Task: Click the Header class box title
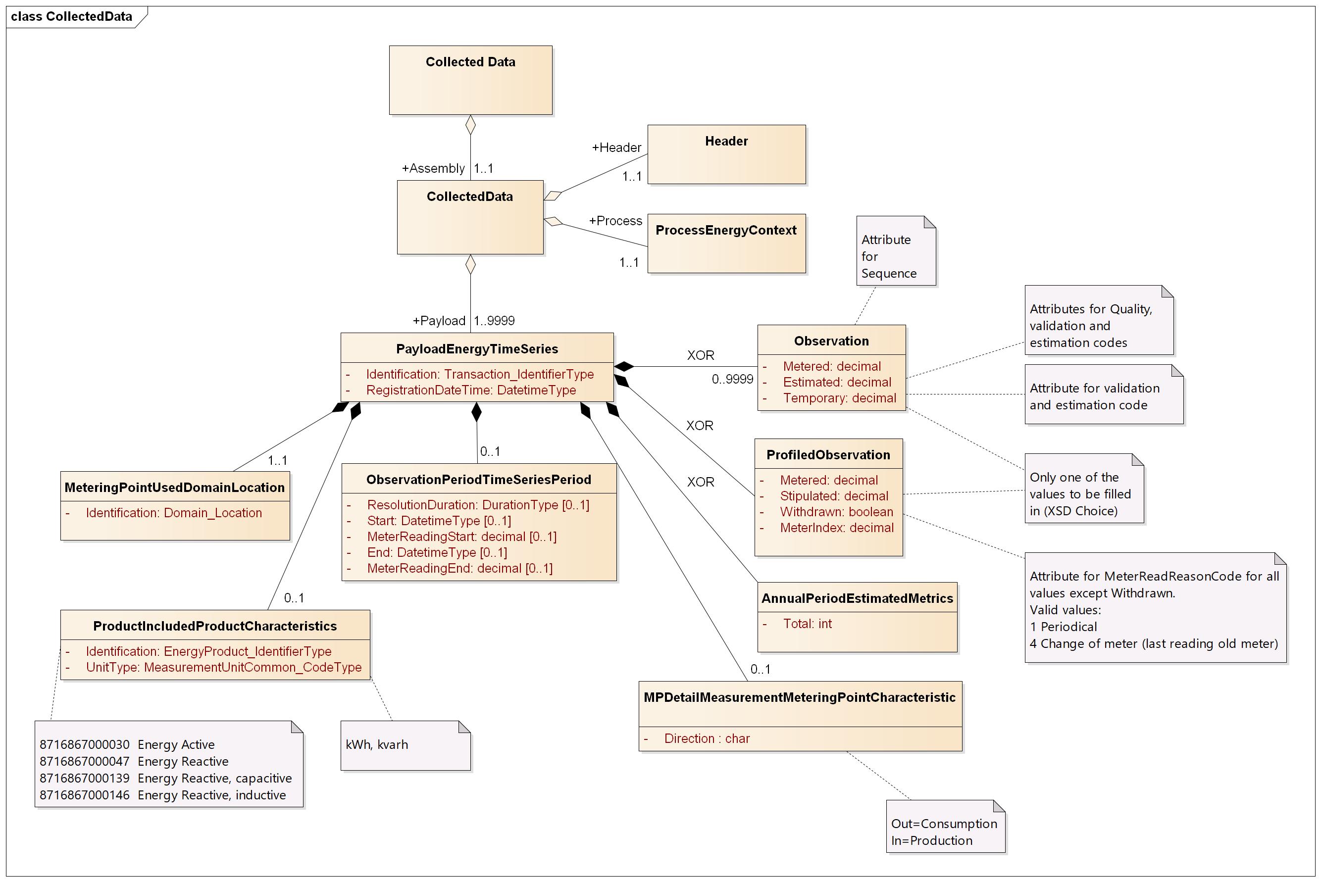[726, 141]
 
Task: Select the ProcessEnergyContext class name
[726, 230]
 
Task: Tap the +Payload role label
[439, 321]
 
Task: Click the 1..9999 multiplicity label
[494, 321]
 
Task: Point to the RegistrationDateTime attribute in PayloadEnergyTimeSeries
[470, 391]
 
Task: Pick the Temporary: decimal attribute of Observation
[839, 398]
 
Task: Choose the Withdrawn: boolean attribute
[836, 512]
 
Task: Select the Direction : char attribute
[707, 738]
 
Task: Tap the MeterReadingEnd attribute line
[459, 569]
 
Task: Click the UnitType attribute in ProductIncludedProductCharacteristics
[223, 668]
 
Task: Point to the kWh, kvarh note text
[377, 745]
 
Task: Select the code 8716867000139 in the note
[84, 779]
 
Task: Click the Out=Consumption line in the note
[944, 824]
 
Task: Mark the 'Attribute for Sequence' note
[888, 256]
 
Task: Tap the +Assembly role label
[433, 168]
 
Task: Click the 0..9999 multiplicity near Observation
[732, 379]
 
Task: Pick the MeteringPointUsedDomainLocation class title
[174, 488]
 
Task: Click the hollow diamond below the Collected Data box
[470, 125]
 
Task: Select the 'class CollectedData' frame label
[71, 16]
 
